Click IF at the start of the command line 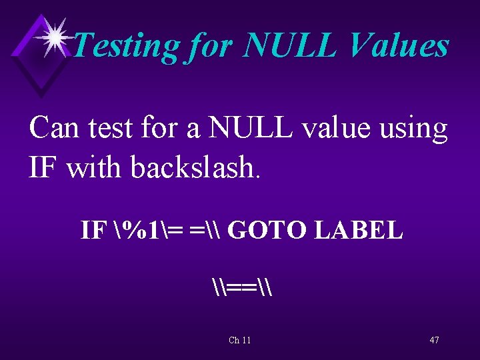click(x=92, y=231)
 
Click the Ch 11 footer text click(x=239, y=340)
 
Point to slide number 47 click(x=434, y=340)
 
